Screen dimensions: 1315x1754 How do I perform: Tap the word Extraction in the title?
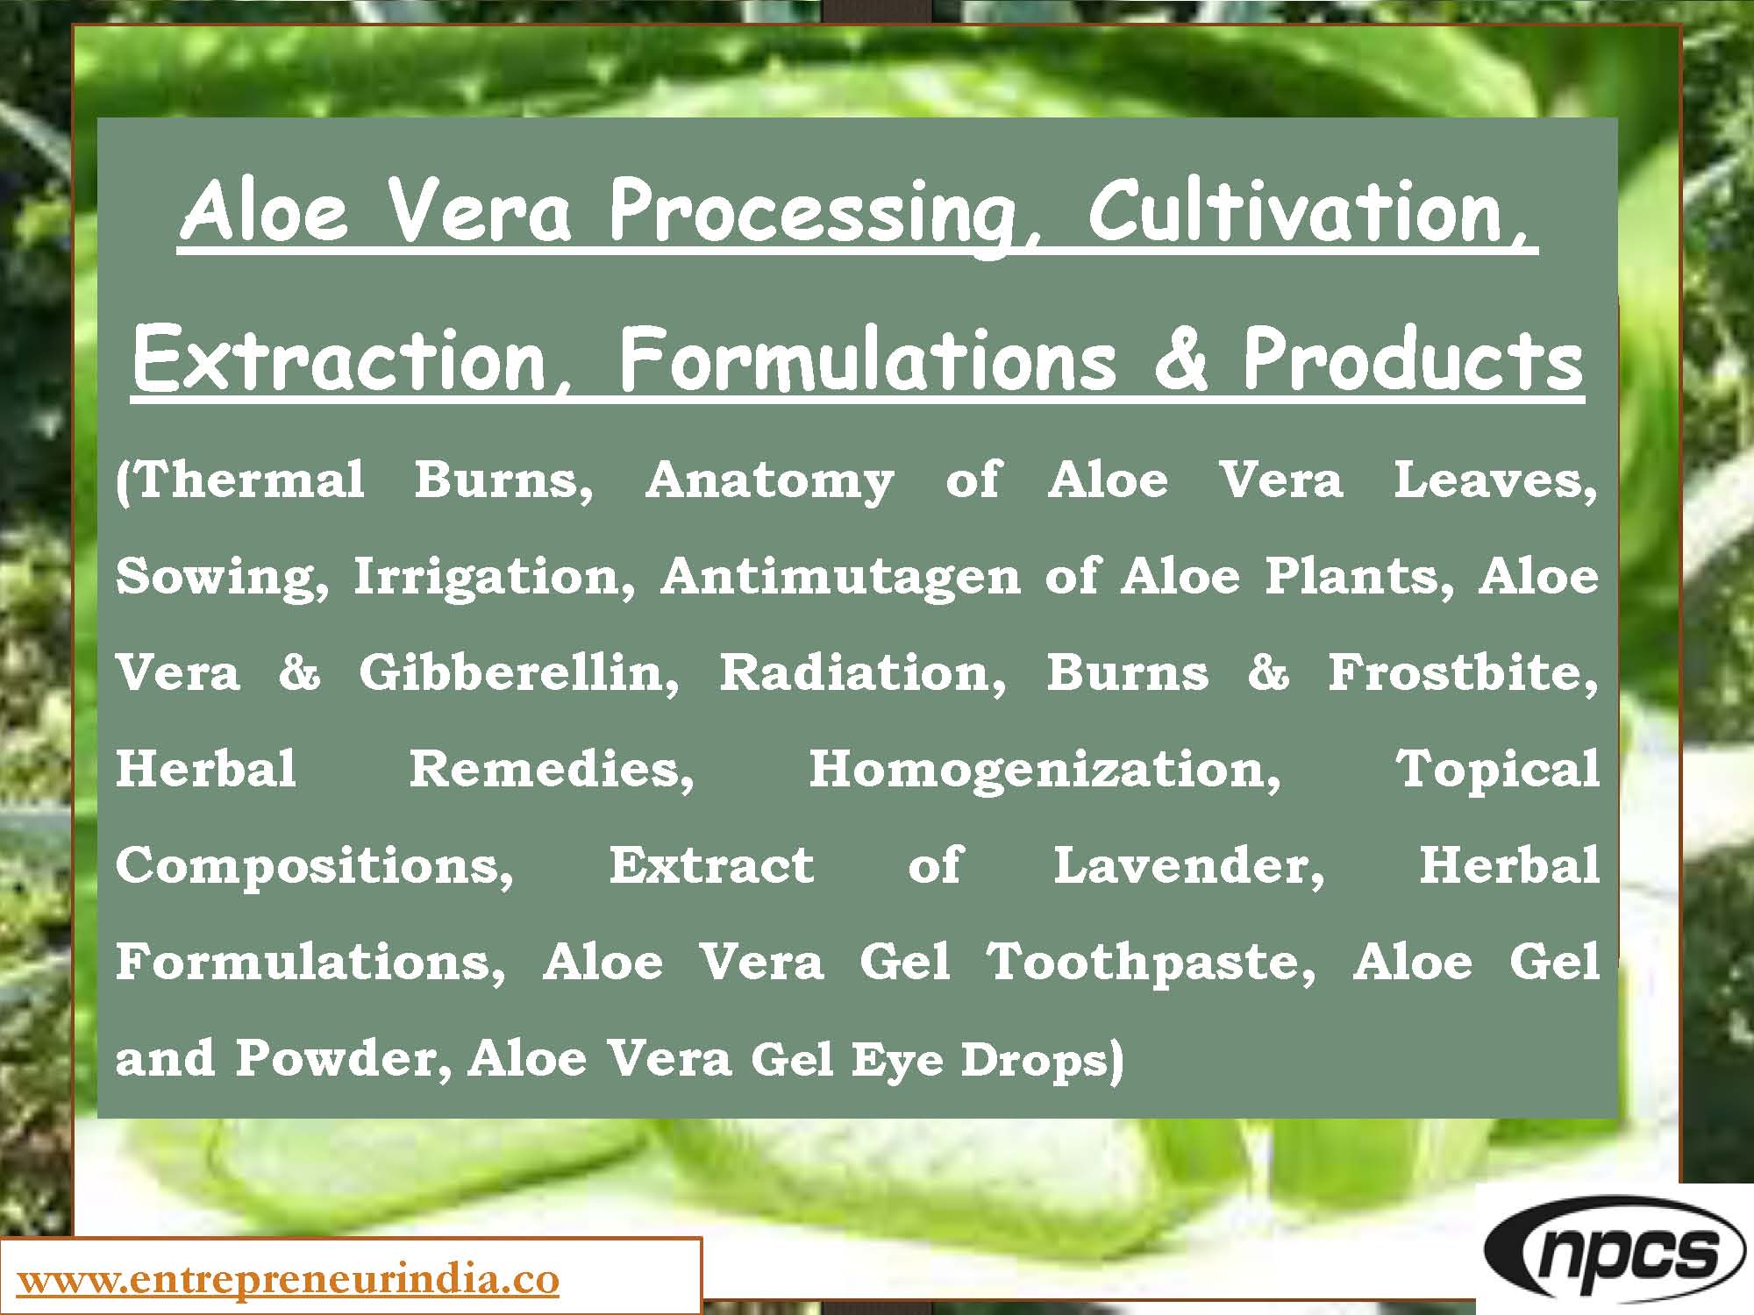[347, 359]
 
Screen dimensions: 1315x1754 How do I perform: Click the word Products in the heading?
[1411, 359]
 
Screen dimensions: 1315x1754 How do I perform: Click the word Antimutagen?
[841, 577]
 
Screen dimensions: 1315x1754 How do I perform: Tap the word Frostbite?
[1461, 673]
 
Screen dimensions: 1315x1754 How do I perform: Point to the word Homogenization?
[1044, 770]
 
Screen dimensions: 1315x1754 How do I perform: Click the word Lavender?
[1188, 866]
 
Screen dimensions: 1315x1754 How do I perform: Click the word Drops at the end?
[1040, 1059]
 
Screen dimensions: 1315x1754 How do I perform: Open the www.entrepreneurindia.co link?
[288, 1280]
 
